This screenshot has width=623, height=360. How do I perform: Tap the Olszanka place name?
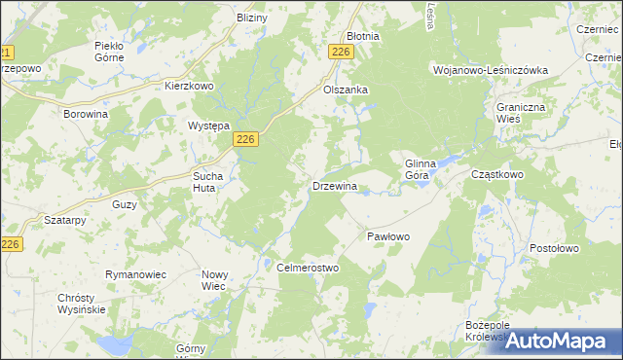(345, 90)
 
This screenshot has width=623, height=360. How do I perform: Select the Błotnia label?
(363, 36)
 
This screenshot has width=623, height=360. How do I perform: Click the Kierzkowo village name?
(189, 86)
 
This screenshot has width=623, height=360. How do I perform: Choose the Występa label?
(207, 126)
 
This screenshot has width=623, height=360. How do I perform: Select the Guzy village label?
(125, 205)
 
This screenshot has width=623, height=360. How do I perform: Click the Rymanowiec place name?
(135, 274)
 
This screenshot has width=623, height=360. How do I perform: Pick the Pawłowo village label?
(388, 236)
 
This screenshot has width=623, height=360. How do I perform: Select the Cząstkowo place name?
(497, 174)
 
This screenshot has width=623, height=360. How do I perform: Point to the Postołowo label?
(554, 248)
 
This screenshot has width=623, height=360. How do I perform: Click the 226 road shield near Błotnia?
(340, 53)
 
